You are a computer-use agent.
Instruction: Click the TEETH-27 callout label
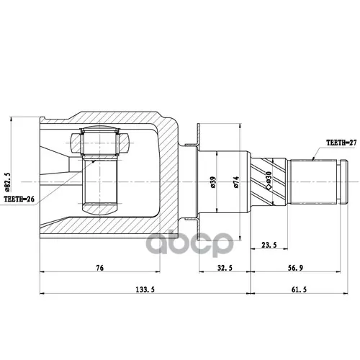click(341, 143)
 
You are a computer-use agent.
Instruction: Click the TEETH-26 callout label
click(19, 199)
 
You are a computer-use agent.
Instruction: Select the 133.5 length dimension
click(145, 289)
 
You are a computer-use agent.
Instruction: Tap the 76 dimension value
click(100, 268)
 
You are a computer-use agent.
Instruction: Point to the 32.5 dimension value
click(225, 268)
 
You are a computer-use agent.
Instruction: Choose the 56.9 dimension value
click(295, 268)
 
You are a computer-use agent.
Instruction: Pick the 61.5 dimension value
click(299, 289)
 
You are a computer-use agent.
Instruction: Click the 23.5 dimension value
click(269, 245)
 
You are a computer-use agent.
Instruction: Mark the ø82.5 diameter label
click(7, 181)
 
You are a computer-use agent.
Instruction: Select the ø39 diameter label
click(213, 182)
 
